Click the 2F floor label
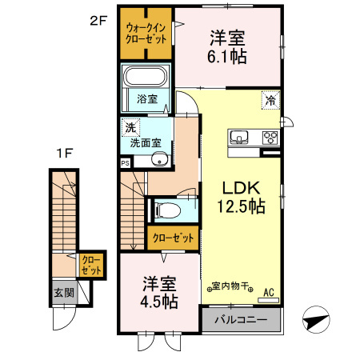pyautogui.click(x=98, y=22)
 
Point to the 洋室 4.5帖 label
pyautogui.click(x=160, y=292)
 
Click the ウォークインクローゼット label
pyautogui.click(x=145, y=34)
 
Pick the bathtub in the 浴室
pyautogui.click(x=145, y=79)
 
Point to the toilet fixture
pyautogui.click(x=168, y=211)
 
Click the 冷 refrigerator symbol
pyautogui.click(x=270, y=101)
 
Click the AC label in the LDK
pyautogui.click(x=269, y=291)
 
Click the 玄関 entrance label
pyautogui.click(x=63, y=293)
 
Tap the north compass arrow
pyautogui.click(x=318, y=321)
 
